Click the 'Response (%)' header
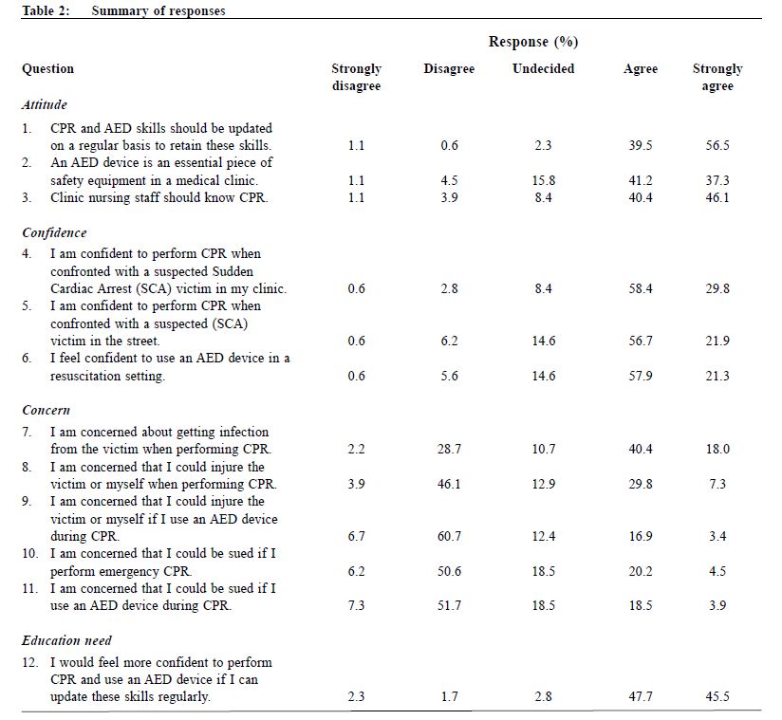click(533, 42)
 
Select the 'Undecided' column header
click(543, 69)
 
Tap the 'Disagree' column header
click(449, 69)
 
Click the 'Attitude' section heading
click(45, 104)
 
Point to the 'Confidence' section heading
click(54, 232)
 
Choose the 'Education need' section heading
click(66, 640)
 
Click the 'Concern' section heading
click(47, 411)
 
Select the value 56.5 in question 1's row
click(717, 145)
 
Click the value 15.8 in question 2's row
click(543, 180)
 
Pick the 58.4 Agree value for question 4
click(641, 288)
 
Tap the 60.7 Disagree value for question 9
click(449, 537)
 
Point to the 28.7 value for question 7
click(449, 450)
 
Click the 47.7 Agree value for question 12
click(641, 697)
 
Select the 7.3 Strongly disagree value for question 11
click(356, 606)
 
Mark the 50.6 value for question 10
click(449, 571)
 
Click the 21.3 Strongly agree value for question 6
click(717, 376)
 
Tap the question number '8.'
click(27, 468)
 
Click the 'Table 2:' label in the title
click(46, 10)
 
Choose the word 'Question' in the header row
click(47, 69)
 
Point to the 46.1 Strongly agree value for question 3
click(717, 198)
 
